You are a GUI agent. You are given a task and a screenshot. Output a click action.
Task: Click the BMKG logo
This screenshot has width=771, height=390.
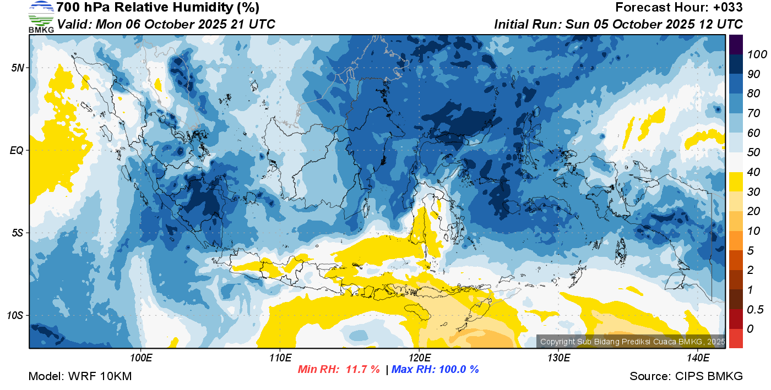click(41, 17)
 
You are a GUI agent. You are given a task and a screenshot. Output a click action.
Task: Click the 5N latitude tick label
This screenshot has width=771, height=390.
click(18, 68)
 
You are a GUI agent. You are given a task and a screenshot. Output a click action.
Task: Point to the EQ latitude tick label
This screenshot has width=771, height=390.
click(17, 150)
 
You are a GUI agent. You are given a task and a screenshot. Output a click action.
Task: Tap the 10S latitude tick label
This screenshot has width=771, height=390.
click(15, 315)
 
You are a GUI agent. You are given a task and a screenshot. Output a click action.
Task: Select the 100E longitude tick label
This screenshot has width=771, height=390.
click(141, 358)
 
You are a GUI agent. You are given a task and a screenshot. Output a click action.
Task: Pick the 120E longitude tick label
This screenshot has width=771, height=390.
click(419, 358)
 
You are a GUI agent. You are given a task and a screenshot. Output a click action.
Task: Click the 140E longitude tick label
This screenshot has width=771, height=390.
click(698, 358)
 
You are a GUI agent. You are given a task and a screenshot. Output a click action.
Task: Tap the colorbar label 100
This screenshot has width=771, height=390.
click(757, 54)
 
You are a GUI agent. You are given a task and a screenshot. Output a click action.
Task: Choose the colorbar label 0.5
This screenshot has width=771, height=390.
click(755, 310)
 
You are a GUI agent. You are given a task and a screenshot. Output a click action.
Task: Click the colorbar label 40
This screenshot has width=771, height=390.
click(753, 172)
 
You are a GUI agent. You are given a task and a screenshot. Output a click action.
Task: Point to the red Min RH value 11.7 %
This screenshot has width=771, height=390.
click(363, 369)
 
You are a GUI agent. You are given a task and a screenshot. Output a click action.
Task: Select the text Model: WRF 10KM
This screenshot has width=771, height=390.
click(80, 376)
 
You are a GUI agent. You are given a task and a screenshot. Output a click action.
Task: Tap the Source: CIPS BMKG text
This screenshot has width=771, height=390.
click(686, 376)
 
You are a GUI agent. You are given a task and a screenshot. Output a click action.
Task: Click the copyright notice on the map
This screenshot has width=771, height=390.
click(632, 342)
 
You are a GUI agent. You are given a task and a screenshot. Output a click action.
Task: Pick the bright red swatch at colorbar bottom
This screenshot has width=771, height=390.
click(736, 338)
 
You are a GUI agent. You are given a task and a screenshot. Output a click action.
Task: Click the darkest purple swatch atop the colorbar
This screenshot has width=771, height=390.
click(736, 45)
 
